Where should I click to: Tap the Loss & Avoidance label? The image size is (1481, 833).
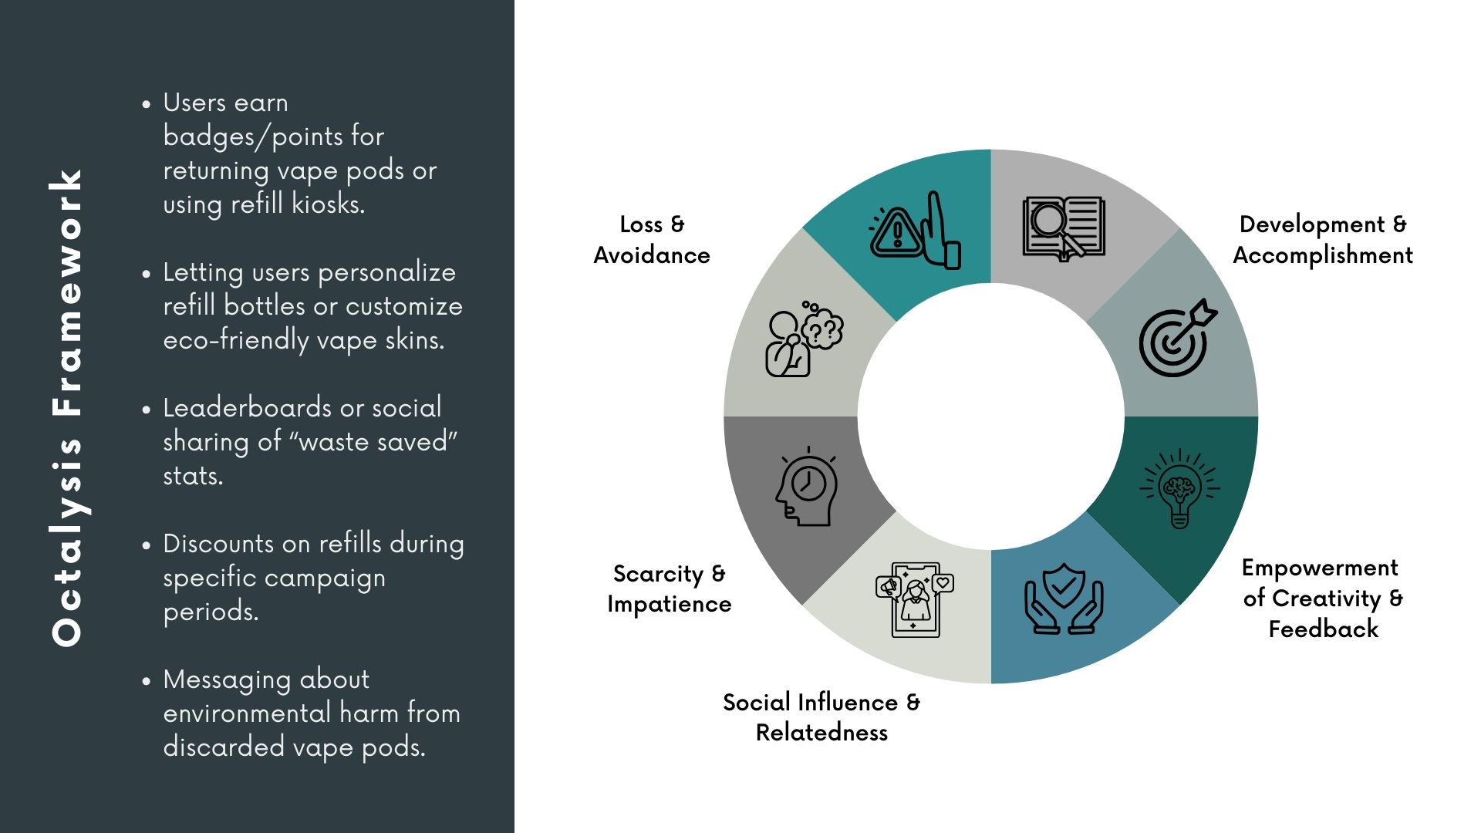click(x=652, y=240)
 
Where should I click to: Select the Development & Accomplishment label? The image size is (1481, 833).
click(x=1323, y=240)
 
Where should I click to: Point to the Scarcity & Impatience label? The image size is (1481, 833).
click(x=669, y=588)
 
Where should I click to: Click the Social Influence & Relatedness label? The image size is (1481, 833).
click(x=821, y=717)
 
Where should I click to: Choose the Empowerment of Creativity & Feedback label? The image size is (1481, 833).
click(x=1323, y=599)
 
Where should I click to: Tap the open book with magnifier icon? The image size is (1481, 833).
click(x=1064, y=228)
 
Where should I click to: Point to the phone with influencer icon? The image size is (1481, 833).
click(x=915, y=600)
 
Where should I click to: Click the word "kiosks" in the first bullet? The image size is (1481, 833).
click(x=327, y=204)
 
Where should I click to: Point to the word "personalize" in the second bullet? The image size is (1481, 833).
click(x=386, y=273)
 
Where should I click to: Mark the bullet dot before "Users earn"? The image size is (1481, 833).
click(x=147, y=103)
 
